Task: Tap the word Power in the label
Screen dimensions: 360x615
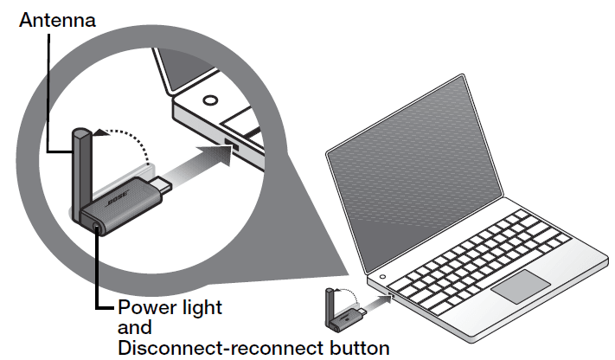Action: coord(144,308)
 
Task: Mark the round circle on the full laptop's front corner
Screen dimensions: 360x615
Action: coord(382,277)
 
